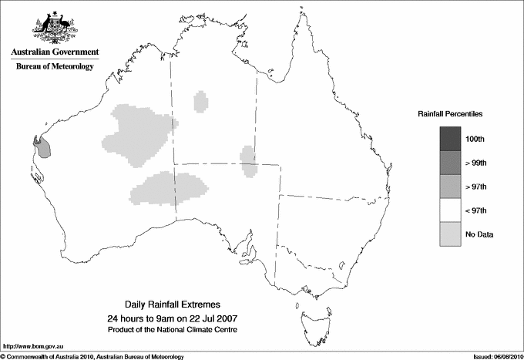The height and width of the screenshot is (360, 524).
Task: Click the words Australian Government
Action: point(53,53)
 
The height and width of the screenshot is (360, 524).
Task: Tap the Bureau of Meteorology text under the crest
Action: point(54,67)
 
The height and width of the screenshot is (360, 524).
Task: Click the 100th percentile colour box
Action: point(451,138)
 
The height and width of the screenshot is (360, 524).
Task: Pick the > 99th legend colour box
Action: point(451,162)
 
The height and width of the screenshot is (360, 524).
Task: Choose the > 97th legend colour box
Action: point(451,186)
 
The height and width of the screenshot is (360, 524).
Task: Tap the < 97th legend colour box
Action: point(451,210)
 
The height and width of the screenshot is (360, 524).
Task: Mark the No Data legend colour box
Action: point(451,234)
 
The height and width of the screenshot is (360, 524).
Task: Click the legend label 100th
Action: point(475,139)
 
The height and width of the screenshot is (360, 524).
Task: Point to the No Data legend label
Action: point(479,234)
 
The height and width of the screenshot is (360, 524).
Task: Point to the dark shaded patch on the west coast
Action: point(44,146)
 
